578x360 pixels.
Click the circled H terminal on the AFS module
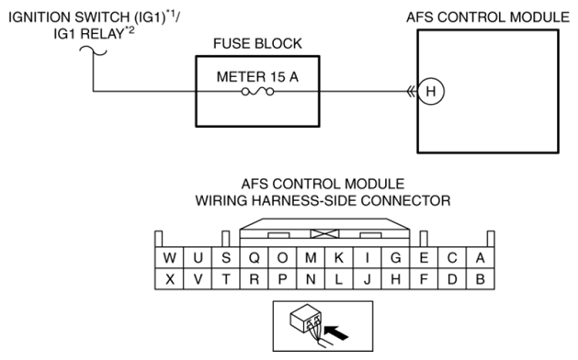click(431, 91)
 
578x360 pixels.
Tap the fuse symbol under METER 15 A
click(257, 92)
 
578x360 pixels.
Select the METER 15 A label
click(257, 76)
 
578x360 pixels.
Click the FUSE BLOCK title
click(257, 43)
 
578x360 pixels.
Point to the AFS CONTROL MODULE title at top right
click(488, 17)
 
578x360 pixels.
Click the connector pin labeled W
click(169, 257)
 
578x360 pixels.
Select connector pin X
click(169, 279)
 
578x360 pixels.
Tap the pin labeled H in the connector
click(395, 279)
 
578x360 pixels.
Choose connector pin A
click(481, 257)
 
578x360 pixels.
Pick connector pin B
click(481, 279)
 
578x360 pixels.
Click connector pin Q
click(254, 257)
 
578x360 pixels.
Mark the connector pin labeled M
click(311, 257)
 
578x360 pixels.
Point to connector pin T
click(226, 279)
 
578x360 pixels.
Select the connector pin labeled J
click(368, 279)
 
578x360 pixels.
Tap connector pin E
click(424, 257)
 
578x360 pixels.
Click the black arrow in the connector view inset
click(337, 332)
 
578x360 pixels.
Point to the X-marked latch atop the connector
click(324, 233)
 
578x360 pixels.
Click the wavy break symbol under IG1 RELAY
click(93, 51)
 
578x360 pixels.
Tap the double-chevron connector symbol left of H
click(411, 91)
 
